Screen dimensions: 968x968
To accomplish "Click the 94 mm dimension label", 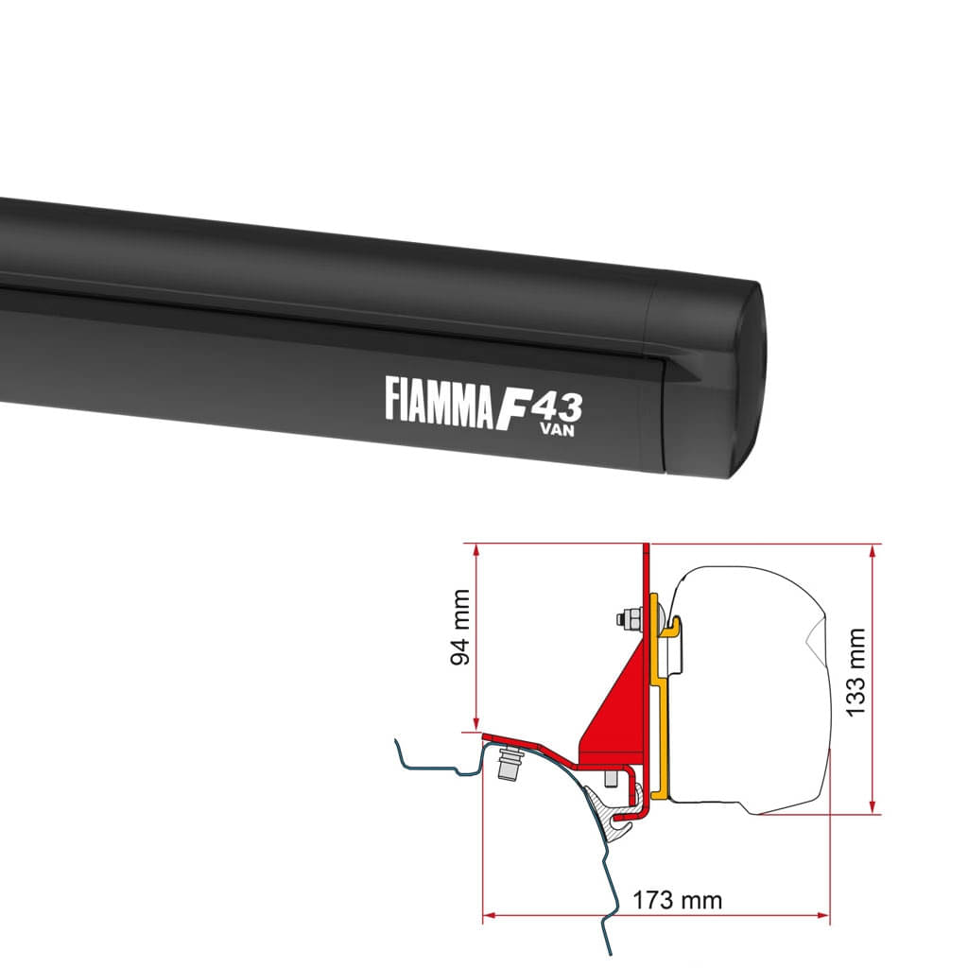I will [460, 640].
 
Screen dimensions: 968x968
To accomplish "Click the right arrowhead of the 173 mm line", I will [824, 915].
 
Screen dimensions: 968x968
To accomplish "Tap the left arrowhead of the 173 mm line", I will [489, 915].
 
